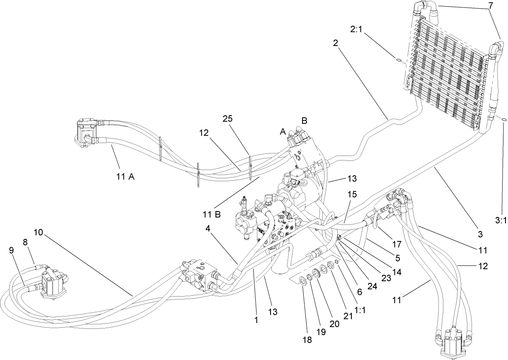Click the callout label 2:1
(358, 30)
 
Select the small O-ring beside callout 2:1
(398, 61)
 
